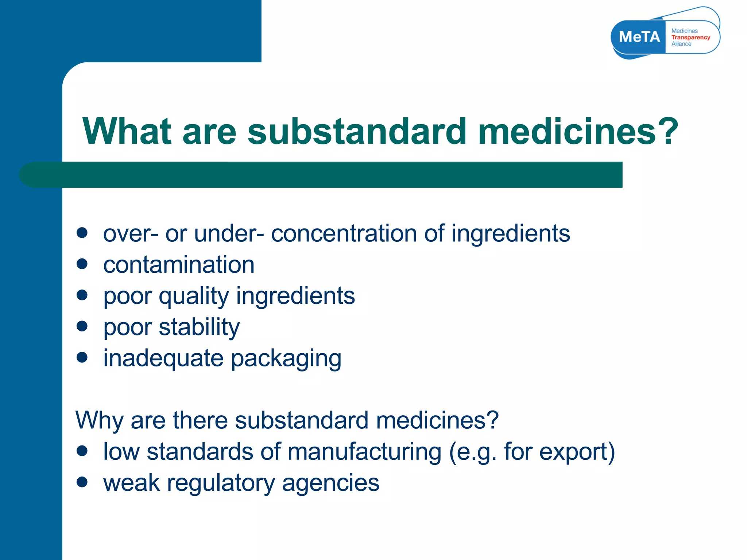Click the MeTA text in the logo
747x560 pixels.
pyautogui.click(x=639, y=37)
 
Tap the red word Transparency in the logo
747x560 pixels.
pyautogui.click(x=690, y=38)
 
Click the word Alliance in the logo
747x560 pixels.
pyautogui.click(x=681, y=44)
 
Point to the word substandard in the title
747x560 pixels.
pyautogui.click(x=357, y=131)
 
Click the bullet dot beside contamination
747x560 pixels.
pyautogui.click(x=82, y=264)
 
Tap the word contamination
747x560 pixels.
pyautogui.click(x=179, y=265)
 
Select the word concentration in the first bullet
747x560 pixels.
pyautogui.click(x=344, y=233)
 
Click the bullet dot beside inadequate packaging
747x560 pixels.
pyautogui.click(x=82, y=357)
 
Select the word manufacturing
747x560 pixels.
pyautogui.click(x=364, y=452)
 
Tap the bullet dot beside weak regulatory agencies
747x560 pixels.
pyautogui.click(x=82, y=482)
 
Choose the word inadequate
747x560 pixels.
pyautogui.click(x=163, y=359)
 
